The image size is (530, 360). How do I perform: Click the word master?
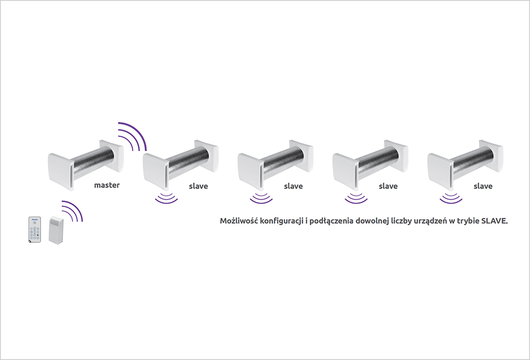click(107, 185)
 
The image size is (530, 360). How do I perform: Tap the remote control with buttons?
click(34, 229)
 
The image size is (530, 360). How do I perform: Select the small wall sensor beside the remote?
click(56, 230)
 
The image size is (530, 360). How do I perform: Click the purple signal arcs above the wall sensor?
click(72, 211)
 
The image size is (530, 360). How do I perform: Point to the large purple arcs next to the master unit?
click(132, 136)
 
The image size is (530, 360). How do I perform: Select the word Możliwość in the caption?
click(239, 220)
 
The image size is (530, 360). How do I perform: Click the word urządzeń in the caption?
click(430, 221)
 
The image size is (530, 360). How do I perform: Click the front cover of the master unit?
click(60, 171)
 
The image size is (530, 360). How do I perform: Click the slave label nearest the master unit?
click(198, 186)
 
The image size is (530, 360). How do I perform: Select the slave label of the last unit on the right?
click(483, 186)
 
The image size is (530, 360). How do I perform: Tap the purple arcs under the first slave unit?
click(166, 198)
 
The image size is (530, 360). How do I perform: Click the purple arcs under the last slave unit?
click(451, 198)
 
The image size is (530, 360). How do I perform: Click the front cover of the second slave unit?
click(250, 171)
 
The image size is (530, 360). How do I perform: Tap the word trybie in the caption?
click(468, 221)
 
